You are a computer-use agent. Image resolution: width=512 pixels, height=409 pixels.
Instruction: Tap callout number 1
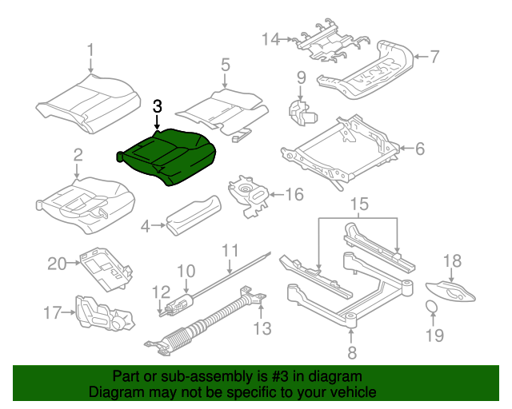[90, 50]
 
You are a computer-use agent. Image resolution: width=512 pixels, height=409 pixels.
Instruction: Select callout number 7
[434, 57]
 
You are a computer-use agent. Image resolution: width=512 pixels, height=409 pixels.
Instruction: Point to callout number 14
[271, 38]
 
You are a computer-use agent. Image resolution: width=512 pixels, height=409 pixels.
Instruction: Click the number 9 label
[302, 77]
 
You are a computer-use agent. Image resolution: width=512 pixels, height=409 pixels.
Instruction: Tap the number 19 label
[434, 336]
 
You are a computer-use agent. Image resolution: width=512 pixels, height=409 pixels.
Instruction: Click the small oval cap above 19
[430, 308]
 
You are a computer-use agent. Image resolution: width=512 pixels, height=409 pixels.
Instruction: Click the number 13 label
[262, 328]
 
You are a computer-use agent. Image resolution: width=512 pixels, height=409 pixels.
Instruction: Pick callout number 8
[350, 352]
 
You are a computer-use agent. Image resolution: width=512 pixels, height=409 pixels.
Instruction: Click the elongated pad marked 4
[192, 214]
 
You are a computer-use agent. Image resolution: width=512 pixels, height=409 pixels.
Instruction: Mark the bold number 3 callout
[158, 105]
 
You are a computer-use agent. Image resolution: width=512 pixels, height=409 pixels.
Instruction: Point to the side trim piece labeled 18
[451, 290]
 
